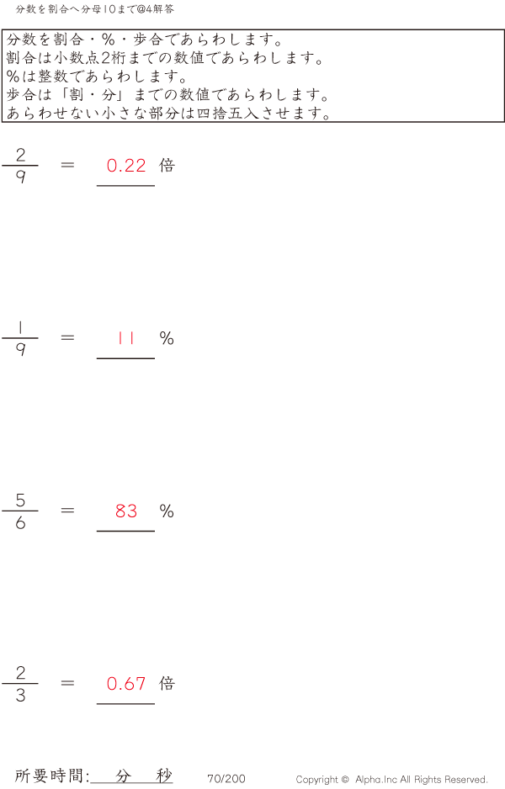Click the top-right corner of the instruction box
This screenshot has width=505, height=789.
[x=504, y=29]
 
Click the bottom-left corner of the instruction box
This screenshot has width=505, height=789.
[x=2, y=121]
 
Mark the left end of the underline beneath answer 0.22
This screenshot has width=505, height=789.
[x=97, y=186]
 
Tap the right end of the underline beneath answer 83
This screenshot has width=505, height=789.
[x=155, y=531]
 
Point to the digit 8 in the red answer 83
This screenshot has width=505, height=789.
[x=120, y=511]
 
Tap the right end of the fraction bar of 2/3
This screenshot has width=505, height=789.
[x=38, y=683]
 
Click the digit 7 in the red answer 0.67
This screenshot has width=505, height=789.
[x=141, y=683]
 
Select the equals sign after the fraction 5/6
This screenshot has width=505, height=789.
[x=67, y=511]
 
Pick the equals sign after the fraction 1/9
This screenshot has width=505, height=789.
[x=67, y=337]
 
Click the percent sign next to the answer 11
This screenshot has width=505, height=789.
[x=167, y=338]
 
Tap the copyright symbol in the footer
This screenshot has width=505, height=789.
[x=345, y=780]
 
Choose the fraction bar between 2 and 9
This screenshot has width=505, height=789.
[x=20, y=165]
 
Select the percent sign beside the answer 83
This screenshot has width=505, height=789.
[x=167, y=511]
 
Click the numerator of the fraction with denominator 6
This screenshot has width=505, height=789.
[x=20, y=500]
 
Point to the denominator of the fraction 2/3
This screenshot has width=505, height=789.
[x=20, y=695]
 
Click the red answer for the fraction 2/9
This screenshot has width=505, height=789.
[x=126, y=166]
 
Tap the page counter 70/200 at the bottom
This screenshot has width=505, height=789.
[x=226, y=779]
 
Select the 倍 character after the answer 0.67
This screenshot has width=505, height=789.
[x=167, y=683]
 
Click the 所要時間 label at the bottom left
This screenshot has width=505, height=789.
[x=50, y=776]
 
